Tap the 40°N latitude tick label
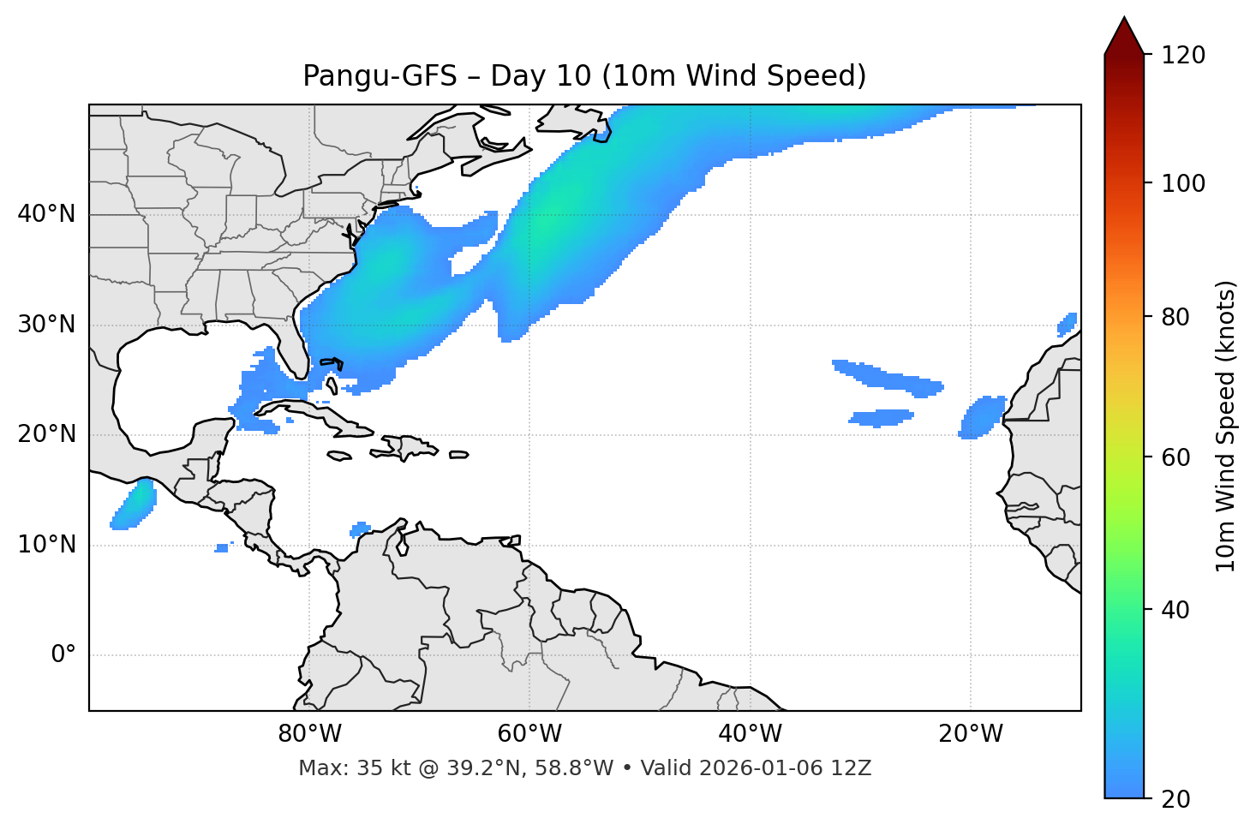pos(46,214)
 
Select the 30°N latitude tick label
pos(46,325)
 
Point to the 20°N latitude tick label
pos(46,434)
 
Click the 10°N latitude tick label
pos(46,545)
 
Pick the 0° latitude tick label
pos(63,655)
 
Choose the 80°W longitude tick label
pos(309,734)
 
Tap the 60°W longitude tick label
pos(529,734)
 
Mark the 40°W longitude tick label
pos(750,734)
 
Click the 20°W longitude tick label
pos(970,734)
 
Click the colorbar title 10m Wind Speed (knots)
pos(1226,426)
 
